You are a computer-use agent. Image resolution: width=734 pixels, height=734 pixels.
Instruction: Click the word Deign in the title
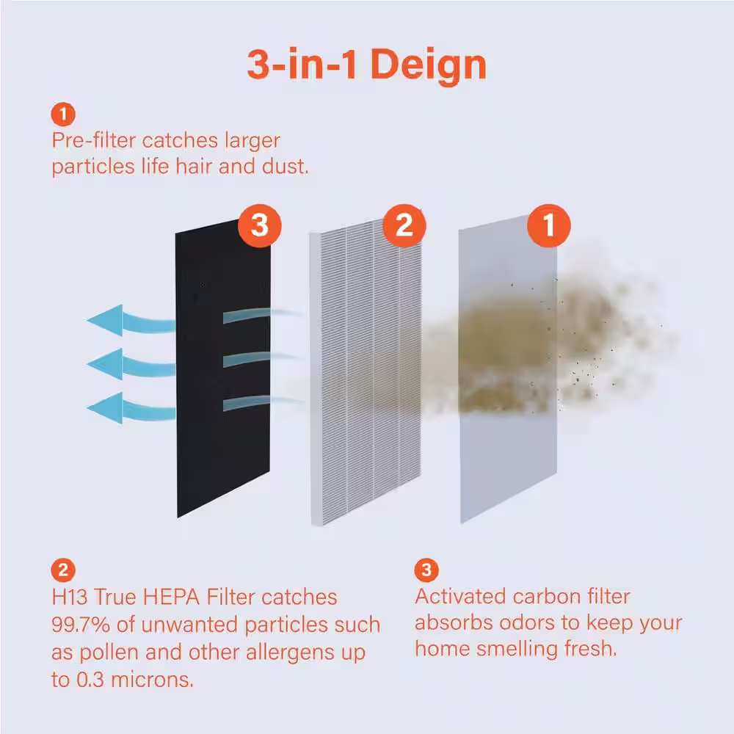click(429, 65)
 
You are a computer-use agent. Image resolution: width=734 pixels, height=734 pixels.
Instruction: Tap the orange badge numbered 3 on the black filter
click(260, 225)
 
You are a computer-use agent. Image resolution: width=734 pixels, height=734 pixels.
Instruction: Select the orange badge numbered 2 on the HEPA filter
click(404, 225)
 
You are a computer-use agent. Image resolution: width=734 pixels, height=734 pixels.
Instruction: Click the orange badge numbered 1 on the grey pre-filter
click(548, 225)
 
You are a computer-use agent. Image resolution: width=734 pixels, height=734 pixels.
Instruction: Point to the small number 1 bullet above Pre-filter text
click(63, 115)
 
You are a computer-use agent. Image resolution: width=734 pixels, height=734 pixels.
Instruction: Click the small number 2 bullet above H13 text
click(63, 570)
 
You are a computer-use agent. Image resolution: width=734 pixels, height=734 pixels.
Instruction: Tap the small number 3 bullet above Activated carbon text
click(426, 570)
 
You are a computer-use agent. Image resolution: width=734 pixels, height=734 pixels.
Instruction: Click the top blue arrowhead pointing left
click(106, 320)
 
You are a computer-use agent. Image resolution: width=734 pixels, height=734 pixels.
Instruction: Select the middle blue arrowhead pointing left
click(106, 364)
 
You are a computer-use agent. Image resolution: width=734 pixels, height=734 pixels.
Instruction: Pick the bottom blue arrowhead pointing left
click(106, 407)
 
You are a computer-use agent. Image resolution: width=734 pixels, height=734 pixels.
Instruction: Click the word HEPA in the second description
click(171, 597)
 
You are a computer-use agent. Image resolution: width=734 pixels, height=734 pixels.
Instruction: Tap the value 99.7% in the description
click(81, 625)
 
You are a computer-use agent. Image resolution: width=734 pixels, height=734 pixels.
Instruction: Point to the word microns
click(152, 680)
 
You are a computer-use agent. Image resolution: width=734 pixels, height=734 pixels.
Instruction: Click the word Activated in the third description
click(461, 597)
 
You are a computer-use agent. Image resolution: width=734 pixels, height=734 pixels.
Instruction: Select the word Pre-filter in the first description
click(94, 140)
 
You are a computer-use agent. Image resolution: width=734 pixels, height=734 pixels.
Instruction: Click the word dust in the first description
click(285, 167)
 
